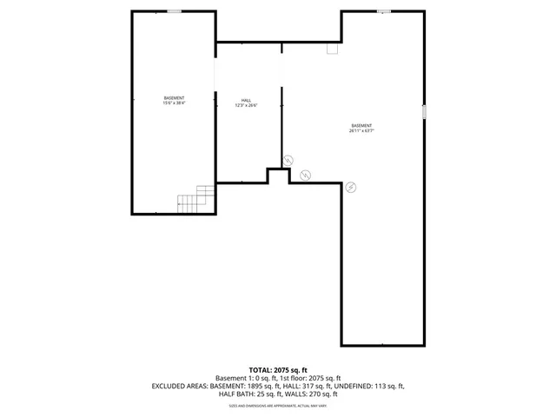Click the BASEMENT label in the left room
click(x=174, y=97)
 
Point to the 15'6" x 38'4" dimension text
click(x=174, y=103)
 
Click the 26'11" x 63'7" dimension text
click(x=362, y=130)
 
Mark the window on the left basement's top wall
click(x=175, y=11)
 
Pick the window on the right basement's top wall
click(x=384, y=11)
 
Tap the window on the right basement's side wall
click(x=424, y=112)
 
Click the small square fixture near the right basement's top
click(x=332, y=50)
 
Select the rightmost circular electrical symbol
click(x=351, y=186)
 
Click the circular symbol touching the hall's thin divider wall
click(x=288, y=160)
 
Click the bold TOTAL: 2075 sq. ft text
click(x=278, y=370)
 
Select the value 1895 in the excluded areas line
click(x=259, y=387)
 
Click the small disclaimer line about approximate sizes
click(x=278, y=406)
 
